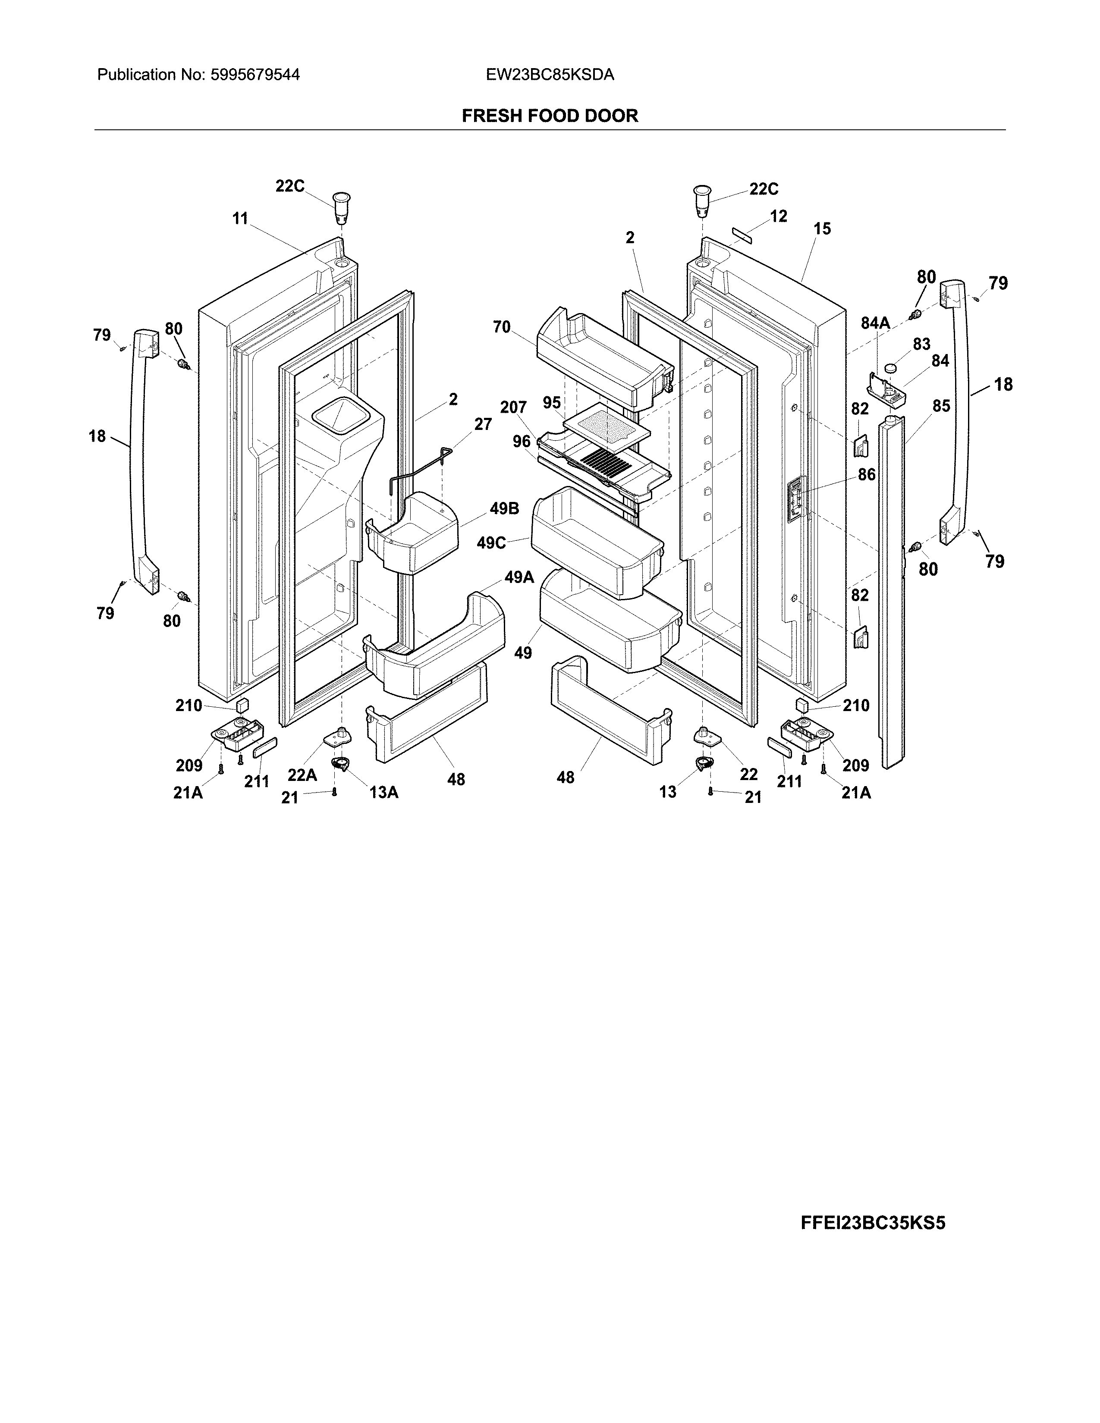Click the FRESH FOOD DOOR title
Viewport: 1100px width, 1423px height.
pos(549,116)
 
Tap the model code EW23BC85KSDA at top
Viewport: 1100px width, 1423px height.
pos(549,75)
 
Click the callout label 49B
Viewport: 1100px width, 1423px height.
pos(504,508)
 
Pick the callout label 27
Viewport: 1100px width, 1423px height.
pos(482,424)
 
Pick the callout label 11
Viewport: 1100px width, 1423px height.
pos(240,219)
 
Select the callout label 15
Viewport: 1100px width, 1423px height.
pos(822,229)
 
